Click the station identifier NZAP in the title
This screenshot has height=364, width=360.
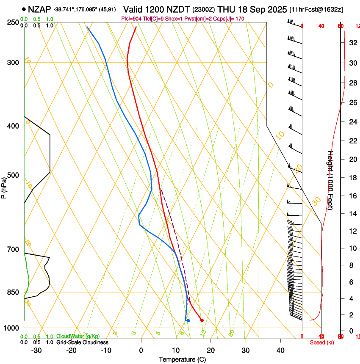click(x=40, y=8)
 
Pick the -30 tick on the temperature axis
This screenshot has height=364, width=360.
click(x=36, y=350)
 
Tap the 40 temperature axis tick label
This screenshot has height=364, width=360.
click(x=280, y=350)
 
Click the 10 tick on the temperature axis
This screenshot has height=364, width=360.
click(x=176, y=350)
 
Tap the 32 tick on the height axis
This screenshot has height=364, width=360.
click(x=352, y=43)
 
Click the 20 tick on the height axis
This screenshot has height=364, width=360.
click(x=352, y=159)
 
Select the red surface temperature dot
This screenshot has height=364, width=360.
click(x=202, y=320)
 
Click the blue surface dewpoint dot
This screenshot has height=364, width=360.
click(x=188, y=320)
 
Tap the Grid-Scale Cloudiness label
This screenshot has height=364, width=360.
click(x=82, y=342)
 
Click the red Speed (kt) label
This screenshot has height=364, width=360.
click(x=322, y=342)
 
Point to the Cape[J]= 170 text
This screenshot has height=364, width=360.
click(x=231, y=19)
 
